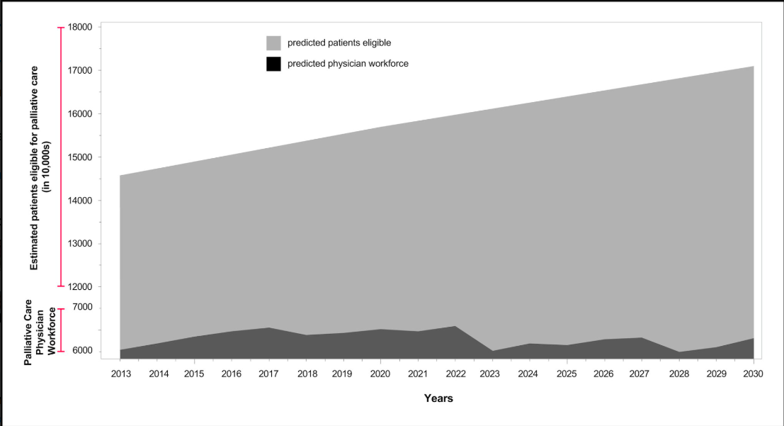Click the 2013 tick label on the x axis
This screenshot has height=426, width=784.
click(x=120, y=373)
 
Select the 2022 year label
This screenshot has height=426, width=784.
click(x=455, y=373)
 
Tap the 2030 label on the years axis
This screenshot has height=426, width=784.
click(x=753, y=373)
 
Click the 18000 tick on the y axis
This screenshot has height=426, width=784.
click(x=80, y=28)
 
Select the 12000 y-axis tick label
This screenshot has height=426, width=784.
click(x=80, y=287)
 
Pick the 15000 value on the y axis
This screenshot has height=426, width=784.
click(x=80, y=157)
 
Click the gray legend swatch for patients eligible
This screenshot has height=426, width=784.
click(x=273, y=43)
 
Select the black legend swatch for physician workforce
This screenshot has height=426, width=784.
click(x=273, y=64)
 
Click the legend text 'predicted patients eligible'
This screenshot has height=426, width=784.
click(x=339, y=43)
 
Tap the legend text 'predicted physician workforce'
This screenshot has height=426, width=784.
click(x=348, y=64)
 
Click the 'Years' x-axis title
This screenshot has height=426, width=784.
click(x=438, y=398)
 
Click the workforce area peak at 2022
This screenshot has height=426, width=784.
click(x=455, y=327)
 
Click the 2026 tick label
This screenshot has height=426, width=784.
click(x=604, y=373)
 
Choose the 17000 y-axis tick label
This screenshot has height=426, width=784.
click(x=80, y=71)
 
